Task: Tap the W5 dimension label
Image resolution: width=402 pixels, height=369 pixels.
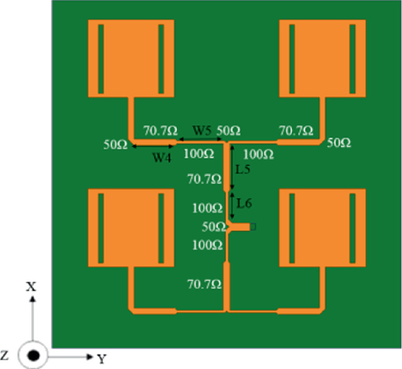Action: click(x=202, y=130)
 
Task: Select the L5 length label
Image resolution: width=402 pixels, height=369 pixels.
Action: click(x=244, y=169)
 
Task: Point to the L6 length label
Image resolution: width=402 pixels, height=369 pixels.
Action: click(x=244, y=203)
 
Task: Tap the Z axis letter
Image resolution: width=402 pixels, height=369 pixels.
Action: click(x=5, y=356)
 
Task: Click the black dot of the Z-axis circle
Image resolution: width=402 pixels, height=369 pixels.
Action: click(x=33, y=356)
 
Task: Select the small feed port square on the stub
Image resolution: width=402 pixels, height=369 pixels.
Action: click(x=253, y=226)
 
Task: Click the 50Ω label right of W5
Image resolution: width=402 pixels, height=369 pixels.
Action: click(x=228, y=130)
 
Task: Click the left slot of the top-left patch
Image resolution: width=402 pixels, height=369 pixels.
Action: click(x=101, y=58)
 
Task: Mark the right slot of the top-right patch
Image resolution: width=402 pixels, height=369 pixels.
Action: click(x=352, y=58)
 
